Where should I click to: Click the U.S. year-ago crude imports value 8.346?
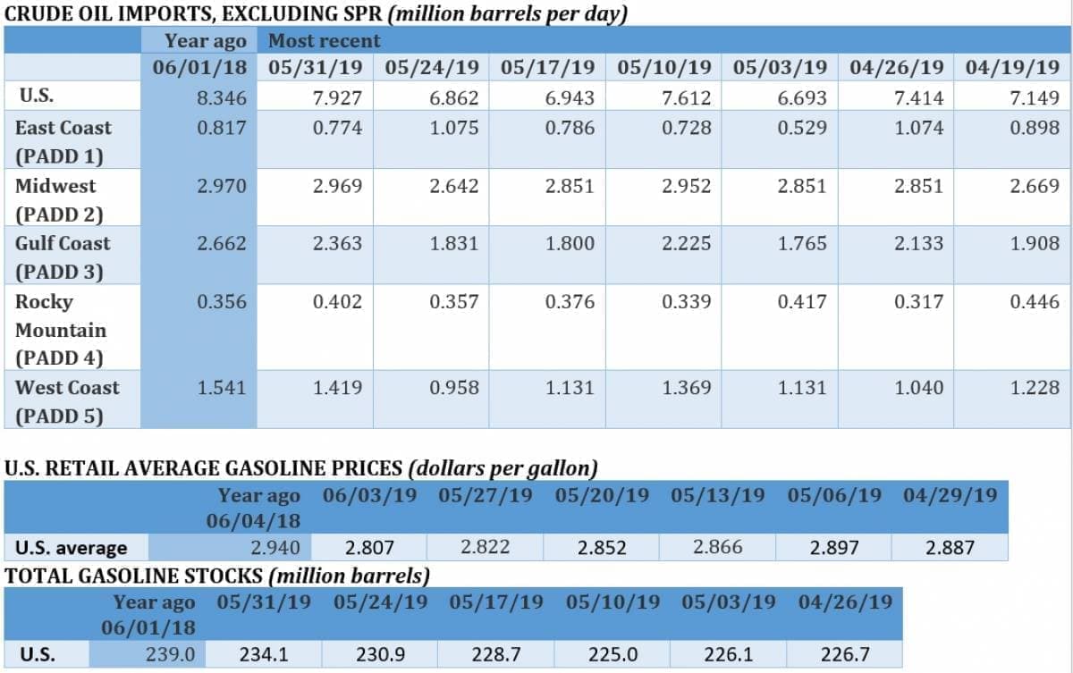221,97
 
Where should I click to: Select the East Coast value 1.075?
453,128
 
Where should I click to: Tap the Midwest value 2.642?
453,186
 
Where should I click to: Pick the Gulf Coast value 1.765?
802,243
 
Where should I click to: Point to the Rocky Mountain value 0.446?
1035,301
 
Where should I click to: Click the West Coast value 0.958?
453,387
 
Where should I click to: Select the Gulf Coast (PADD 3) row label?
63,257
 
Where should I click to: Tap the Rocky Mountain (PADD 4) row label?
61,329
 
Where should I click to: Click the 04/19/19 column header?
1008,67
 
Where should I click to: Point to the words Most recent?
325,41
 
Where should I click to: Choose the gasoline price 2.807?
369,547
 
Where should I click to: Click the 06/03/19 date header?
369,494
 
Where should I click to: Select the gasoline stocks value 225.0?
613,654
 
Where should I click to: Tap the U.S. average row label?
72,547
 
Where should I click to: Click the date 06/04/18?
253,519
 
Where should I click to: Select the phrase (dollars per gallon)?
503,467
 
